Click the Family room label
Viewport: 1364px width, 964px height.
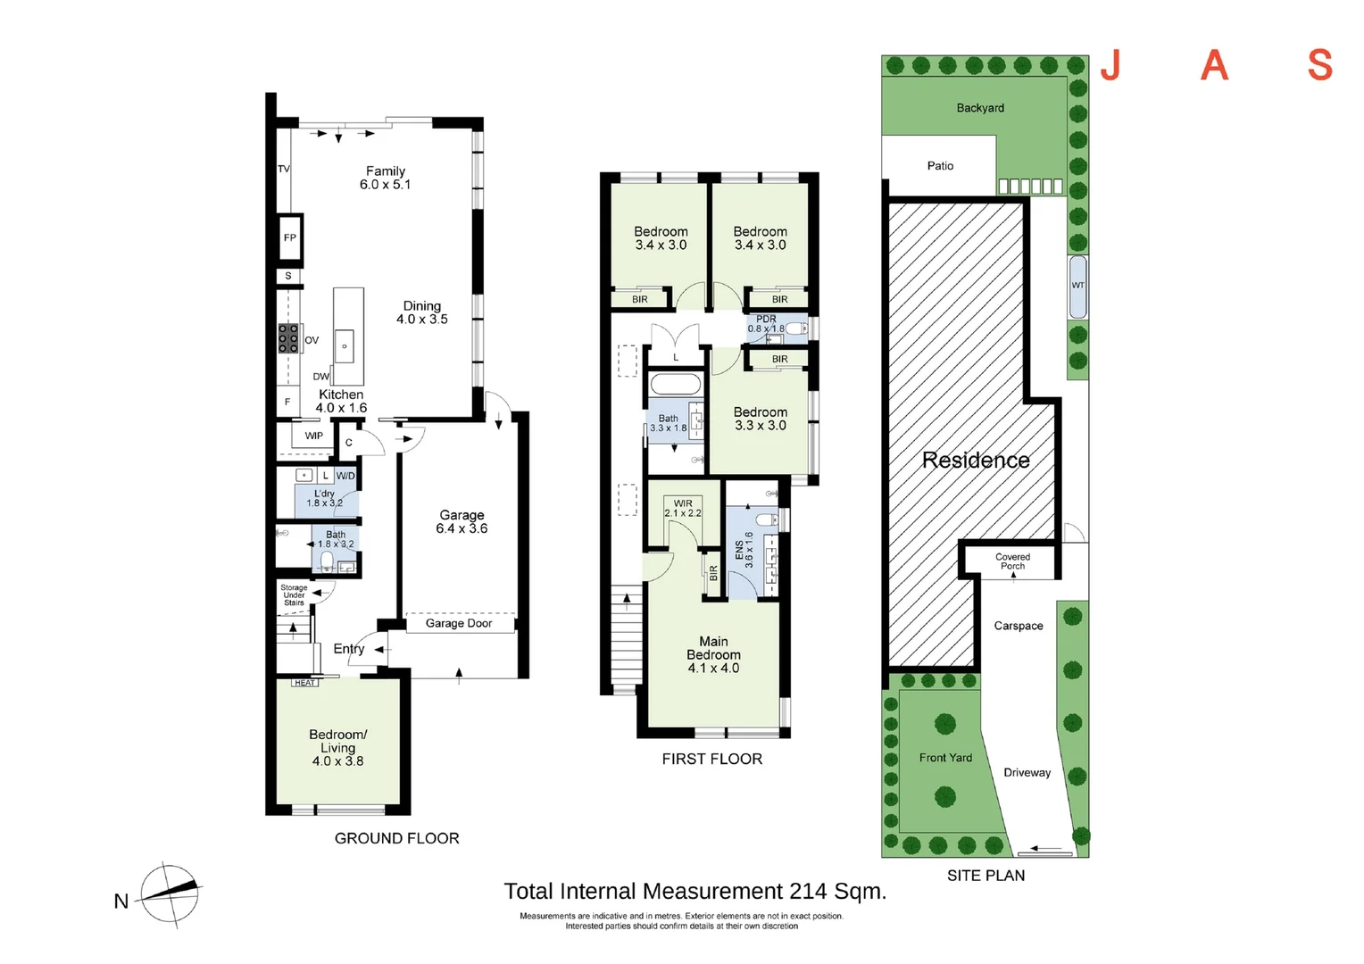point(385,171)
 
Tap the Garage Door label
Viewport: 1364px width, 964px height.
point(458,623)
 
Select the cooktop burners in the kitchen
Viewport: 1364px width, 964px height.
point(288,338)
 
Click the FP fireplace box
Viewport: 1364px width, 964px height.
point(289,238)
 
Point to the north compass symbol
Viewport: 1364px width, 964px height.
point(169,893)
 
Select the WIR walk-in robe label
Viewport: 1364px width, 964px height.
point(683,503)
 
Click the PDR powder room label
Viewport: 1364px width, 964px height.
point(766,319)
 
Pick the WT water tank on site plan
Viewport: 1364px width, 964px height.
point(1077,286)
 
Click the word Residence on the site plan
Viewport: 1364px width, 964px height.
point(975,461)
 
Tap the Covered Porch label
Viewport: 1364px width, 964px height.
point(1012,561)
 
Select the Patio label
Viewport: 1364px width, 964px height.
point(940,166)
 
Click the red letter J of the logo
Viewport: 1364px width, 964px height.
point(1110,65)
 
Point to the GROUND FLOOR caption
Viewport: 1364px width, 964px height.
point(396,838)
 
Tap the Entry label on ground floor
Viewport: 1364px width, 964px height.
point(348,649)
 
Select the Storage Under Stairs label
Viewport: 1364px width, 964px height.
point(294,595)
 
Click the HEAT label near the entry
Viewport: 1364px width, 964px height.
point(304,683)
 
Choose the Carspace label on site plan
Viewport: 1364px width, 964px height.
point(1018,626)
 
